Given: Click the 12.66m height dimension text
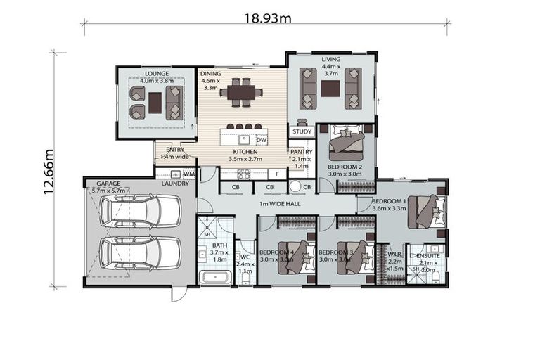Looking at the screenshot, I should [x=50, y=170].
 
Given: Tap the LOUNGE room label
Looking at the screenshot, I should [x=155, y=72].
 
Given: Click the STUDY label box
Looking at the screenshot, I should [x=302, y=131].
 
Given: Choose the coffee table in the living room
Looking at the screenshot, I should [x=330, y=89].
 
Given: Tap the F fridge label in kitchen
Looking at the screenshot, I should [x=278, y=173].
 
